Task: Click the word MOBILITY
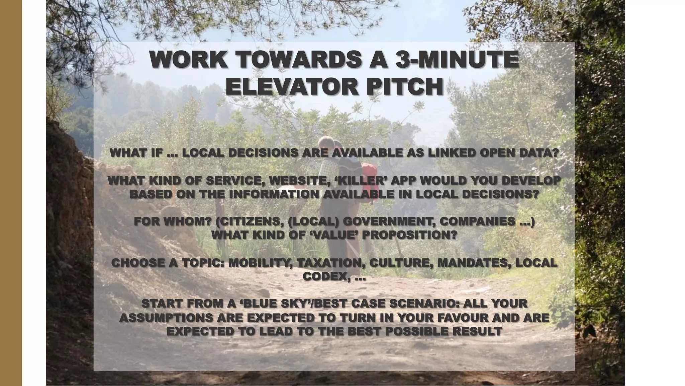[259, 263]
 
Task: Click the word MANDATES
[472, 263]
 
